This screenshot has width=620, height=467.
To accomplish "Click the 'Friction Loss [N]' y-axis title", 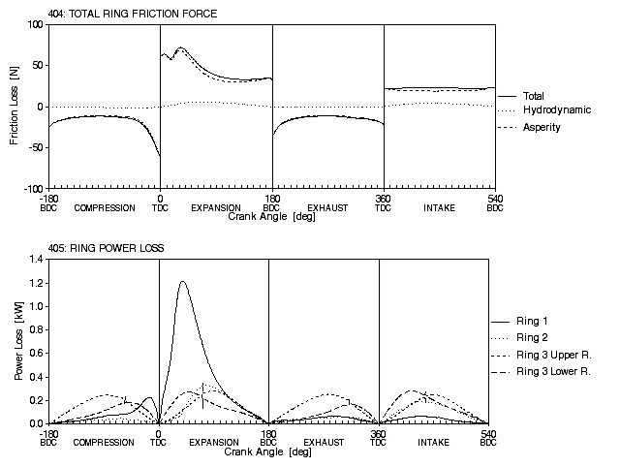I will (15, 107).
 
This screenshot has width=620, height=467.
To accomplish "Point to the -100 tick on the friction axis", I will (32, 189).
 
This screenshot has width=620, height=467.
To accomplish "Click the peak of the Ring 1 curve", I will (182, 282).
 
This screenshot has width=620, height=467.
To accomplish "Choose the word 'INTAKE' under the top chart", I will (439, 208).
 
